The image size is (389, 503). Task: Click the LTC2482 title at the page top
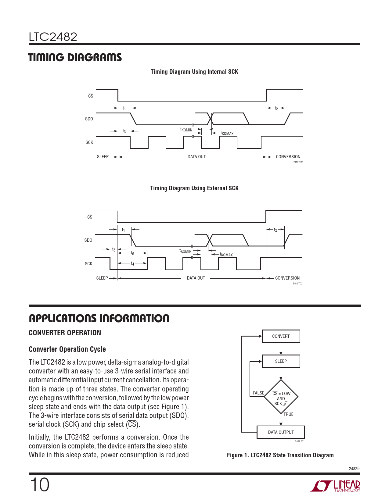[x=53, y=37]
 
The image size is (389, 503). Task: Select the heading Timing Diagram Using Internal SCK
[x=194, y=72]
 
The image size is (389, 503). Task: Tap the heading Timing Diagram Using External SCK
[x=194, y=188]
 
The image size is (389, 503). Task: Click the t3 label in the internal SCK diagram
[x=124, y=131]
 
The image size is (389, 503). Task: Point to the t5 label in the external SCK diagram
[x=113, y=250]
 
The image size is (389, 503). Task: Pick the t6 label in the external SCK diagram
[x=132, y=253]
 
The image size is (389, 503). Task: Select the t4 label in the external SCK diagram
[x=132, y=263]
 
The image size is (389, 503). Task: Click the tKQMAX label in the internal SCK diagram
[x=227, y=133]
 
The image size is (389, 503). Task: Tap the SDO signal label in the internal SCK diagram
[x=89, y=119]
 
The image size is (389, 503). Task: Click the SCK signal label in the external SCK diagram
[x=88, y=264]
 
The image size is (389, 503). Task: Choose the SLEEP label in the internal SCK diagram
[x=103, y=157]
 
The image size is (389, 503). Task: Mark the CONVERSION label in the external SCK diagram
[x=287, y=278]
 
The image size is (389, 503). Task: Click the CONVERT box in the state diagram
[x=281, y=336]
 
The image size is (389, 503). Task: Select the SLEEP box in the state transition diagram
[x=281, y=361]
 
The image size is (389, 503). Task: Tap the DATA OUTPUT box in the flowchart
[x=281, y=432]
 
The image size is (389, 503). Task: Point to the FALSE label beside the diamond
[x=258, y=393]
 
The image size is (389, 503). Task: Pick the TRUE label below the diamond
[x=288, y=414]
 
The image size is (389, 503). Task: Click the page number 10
[x=39, y=485]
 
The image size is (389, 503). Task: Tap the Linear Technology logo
[x=335, y=486]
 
